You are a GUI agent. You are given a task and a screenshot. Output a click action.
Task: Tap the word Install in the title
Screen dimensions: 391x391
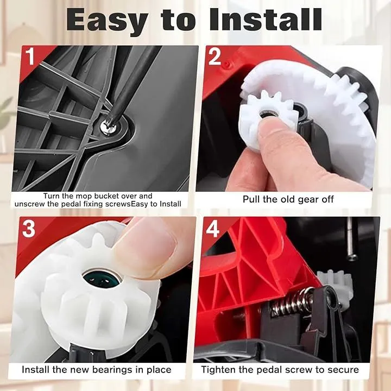point(266,20)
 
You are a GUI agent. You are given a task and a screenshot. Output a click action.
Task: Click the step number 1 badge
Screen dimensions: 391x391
point(30,56)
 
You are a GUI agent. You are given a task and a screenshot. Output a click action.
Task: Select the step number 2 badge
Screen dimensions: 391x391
point(215,56)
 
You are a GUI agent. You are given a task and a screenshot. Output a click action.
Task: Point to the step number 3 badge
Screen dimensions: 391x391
point(29,229)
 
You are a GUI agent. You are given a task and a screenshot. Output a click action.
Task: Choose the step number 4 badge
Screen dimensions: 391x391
point(212,229)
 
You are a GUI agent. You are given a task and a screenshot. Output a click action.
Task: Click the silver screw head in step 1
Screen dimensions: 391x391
point(110,127)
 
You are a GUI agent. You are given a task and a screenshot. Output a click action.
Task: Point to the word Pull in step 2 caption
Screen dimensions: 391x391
point(251,199)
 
